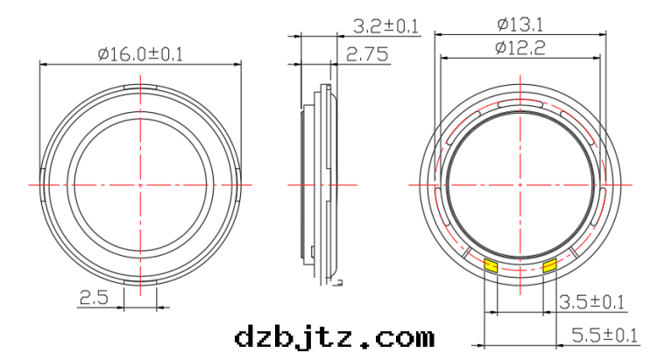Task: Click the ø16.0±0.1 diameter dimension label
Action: coord(140,54)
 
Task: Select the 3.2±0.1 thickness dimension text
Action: coord(384,25)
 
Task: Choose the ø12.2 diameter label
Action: coord(520,49)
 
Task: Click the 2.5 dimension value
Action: coord(94,299)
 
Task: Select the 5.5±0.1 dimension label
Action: coord(605,335)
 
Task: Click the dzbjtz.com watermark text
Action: coord(334,336)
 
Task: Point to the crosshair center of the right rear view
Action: coord(520,185)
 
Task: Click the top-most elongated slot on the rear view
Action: coord(520,103)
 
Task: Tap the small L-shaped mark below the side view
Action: coord(337,281)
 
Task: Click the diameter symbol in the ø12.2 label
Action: coord(500,49)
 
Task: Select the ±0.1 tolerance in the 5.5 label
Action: coord(619,335)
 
